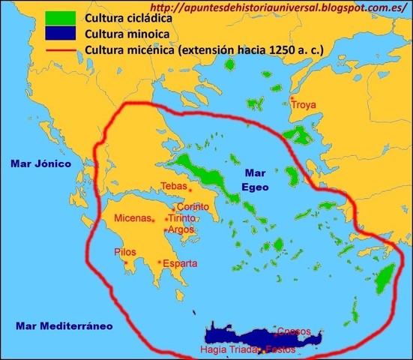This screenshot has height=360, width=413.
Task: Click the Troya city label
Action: pos(304,106)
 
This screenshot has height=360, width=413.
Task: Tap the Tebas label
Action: pos(174,187)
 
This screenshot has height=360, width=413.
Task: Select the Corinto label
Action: pos(193,207)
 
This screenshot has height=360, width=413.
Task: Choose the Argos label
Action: pos(182,229)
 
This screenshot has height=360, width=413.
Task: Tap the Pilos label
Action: pos(125,253)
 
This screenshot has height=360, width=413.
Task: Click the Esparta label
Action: pos(180,263)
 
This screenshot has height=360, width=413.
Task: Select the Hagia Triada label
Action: pos(227,349)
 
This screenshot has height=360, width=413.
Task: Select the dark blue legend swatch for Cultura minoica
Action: pos(60,34)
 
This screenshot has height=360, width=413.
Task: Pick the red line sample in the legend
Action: pos(60,51)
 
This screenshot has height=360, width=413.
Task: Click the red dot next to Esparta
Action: pos(160,262)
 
